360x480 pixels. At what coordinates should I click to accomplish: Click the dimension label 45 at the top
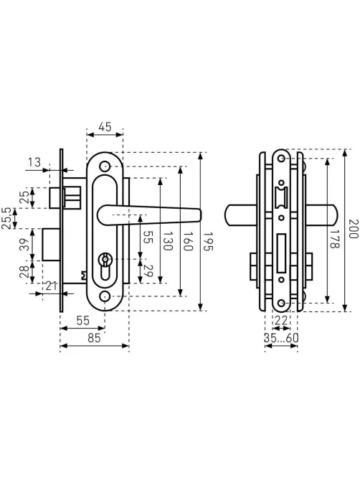tap(105, 127)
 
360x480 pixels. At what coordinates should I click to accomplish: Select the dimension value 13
tap(34, 162)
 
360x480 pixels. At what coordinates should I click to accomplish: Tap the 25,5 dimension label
tap(6, 218)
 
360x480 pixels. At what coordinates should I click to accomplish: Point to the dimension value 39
tap(26, 244)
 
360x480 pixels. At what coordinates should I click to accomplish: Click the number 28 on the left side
tap(25, 271)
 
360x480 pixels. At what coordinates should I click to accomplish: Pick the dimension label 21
tap(51, 286)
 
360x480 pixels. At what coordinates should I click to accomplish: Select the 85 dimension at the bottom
tap(94, 338)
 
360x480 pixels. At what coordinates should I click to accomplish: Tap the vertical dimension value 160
tap(188, 240)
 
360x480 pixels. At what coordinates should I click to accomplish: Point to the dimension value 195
tap(208, 241)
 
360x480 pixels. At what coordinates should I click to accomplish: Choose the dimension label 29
tap(148, 271)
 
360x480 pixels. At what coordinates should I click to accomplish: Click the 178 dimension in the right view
tap(335, 238)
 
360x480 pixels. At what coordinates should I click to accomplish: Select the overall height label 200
tap(354, 228)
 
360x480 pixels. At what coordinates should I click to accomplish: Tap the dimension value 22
tap(281, 320)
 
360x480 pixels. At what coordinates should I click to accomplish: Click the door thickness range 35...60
tap(281, 338)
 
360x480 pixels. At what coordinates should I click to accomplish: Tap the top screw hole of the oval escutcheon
tap(105, 166)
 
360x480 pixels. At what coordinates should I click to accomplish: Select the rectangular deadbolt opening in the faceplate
tap(281, 253)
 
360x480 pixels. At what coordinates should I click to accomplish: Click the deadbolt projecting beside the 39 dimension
tap(51, 244)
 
